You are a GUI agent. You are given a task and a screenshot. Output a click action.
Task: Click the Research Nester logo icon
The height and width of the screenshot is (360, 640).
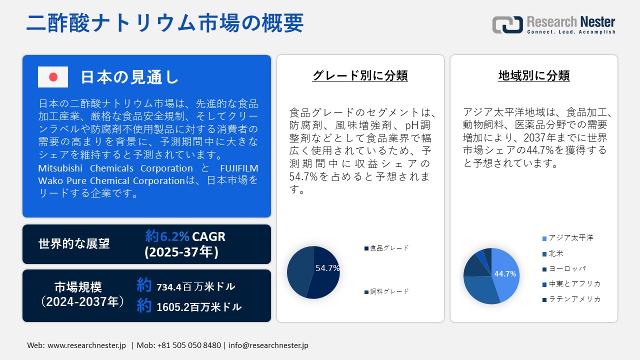507,25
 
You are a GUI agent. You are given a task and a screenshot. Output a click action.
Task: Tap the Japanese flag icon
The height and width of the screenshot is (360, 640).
53,77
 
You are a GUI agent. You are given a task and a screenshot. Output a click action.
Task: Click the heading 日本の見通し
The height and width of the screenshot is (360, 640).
129,77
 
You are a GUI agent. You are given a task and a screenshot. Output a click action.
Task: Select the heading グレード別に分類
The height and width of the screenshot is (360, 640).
360,75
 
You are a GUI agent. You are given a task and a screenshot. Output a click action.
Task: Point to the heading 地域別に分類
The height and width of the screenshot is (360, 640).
534,75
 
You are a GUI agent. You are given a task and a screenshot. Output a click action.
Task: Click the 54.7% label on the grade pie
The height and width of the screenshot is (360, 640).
327,268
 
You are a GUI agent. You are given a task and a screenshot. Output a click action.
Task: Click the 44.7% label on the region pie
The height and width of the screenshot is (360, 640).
505,274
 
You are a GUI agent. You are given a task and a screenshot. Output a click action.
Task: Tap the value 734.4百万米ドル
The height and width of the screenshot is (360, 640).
195,287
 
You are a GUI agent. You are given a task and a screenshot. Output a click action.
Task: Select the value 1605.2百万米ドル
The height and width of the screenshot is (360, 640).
198,307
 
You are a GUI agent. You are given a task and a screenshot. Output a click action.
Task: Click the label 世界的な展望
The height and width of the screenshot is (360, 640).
74,244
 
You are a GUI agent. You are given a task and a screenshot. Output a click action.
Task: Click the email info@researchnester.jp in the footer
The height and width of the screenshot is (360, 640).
268,345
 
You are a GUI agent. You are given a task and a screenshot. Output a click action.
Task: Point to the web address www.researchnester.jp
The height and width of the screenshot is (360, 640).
86,345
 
